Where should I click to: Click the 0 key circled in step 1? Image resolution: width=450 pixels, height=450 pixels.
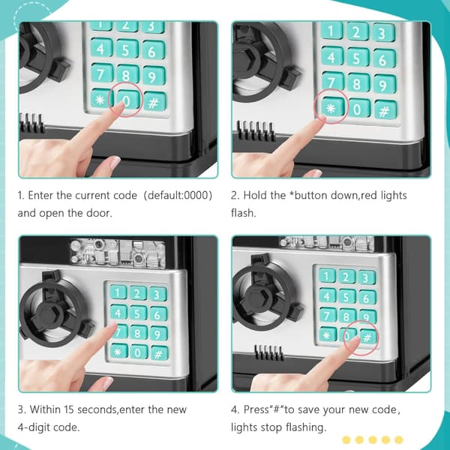[128, 99]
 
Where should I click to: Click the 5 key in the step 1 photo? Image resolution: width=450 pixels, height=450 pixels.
[127, 50]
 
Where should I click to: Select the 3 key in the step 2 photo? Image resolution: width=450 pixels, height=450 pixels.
[382, 33]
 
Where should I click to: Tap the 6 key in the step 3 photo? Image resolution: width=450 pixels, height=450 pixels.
[158, 314]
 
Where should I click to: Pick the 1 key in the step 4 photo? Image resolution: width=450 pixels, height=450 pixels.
[327, 276]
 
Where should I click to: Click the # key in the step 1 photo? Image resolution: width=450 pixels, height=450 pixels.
[154, 101]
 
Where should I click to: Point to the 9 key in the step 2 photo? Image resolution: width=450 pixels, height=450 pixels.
[384, 85]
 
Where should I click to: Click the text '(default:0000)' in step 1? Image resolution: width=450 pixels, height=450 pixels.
[178, 196]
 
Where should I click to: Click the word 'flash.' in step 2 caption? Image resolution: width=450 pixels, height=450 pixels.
[243, 213]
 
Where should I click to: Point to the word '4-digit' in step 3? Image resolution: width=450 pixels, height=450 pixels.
[34, 427]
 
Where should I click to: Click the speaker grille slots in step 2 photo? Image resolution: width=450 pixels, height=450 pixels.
[255, 130]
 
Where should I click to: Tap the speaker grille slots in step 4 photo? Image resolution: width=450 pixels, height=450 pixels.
[269, 352]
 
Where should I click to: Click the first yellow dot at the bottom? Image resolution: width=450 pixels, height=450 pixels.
[346, 439]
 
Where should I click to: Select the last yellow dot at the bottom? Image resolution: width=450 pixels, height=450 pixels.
[399, 439]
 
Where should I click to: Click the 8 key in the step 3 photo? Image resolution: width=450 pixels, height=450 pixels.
[137, 333]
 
